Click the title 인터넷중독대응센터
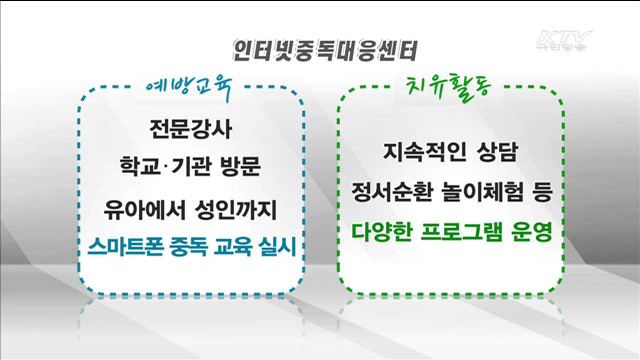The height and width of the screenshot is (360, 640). [x=319, y=48]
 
